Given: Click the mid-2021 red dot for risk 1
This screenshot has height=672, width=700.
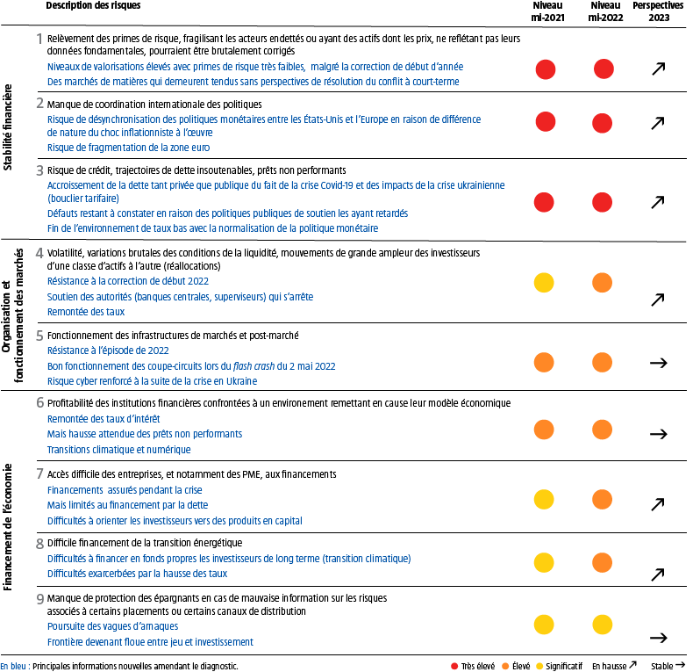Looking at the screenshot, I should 546,69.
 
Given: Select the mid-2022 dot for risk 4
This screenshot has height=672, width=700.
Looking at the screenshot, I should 603,283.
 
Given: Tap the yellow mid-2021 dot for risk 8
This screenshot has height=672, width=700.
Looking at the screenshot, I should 545,562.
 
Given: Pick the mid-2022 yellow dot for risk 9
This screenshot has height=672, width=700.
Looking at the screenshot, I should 603,624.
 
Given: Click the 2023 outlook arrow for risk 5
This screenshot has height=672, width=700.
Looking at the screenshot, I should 656,362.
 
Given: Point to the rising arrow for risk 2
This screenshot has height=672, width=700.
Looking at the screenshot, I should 656,123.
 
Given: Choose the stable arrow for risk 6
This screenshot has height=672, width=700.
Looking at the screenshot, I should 656,433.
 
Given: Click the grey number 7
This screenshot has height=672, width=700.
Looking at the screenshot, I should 40,473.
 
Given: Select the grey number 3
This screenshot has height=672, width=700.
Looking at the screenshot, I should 40,170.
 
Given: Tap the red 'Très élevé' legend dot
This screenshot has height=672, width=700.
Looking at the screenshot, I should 454,666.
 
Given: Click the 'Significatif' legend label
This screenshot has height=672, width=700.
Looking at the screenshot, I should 563,666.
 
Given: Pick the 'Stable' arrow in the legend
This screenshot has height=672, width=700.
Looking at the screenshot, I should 681,666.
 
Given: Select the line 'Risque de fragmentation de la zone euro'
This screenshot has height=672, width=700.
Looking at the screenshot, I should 128,147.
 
